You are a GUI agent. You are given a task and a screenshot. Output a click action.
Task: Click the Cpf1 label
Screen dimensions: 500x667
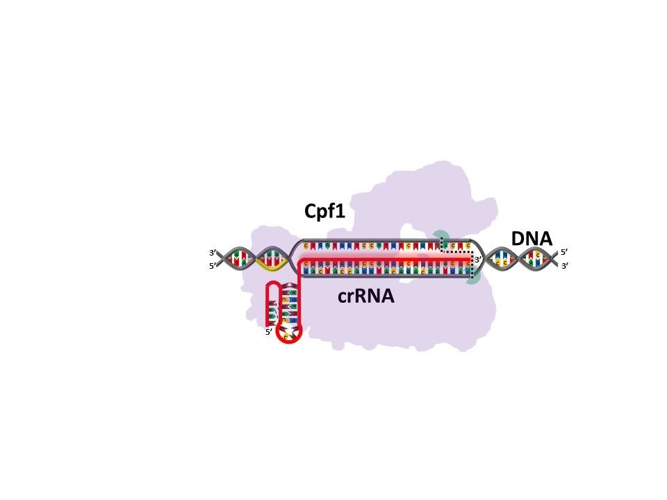(x=324, y=212)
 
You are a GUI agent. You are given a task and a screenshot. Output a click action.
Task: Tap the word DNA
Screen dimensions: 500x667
(x=532, y=239)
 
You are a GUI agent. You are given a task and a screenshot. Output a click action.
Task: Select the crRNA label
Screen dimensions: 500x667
(x=365, y=296)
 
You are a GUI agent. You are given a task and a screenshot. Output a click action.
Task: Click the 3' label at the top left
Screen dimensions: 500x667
(x=213, y=253)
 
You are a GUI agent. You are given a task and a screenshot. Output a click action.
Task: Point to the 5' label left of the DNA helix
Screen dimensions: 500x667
(x=213, y=266)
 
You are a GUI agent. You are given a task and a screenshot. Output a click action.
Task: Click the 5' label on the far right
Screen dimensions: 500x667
(x=565, y=253)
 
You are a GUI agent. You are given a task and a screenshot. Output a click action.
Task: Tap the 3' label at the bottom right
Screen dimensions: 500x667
(x=565, y=266)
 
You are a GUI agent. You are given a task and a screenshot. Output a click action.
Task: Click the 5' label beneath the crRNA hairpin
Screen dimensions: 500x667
(x=269, y=332)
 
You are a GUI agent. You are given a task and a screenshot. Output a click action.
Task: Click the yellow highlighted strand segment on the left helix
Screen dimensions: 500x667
(x=270, y=264)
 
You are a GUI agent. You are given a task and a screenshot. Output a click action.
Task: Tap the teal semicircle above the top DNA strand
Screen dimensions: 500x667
(x=439, y=236)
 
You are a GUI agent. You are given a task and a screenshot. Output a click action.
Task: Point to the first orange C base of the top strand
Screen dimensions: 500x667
(x=306, y=246)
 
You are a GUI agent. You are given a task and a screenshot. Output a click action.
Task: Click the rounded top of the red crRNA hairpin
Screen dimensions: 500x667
(x=274, y=284)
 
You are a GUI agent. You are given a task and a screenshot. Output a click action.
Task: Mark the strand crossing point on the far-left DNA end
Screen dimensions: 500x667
(x=224, y=259)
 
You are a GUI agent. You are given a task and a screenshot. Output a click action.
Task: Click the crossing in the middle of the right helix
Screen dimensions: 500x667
(x=518, y=259)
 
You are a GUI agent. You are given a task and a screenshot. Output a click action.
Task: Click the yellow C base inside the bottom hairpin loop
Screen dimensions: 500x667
(x=287, y=336)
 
